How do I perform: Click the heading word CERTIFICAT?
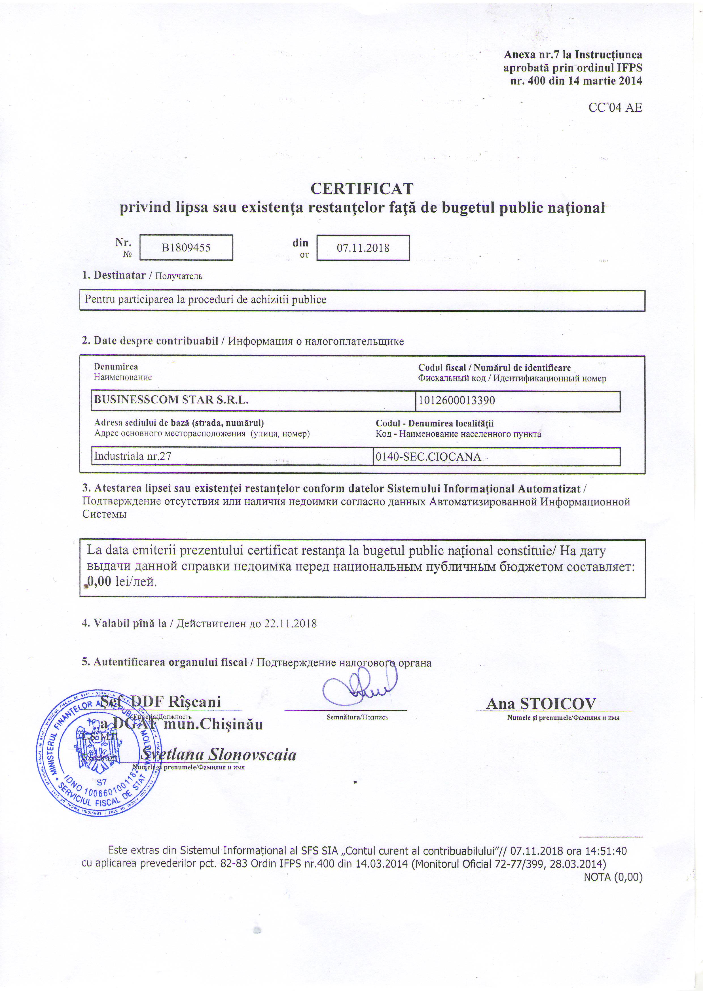[x=362, y=189]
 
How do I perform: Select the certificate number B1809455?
[x=186, y=248]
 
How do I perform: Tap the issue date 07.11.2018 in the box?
[x=363, y=248]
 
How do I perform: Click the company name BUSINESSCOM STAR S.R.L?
[x=171, y=400]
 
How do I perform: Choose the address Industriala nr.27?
[x=133, y=456]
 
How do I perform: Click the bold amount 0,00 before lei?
[x=99, y=581]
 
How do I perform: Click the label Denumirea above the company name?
[x=116, y=367]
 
